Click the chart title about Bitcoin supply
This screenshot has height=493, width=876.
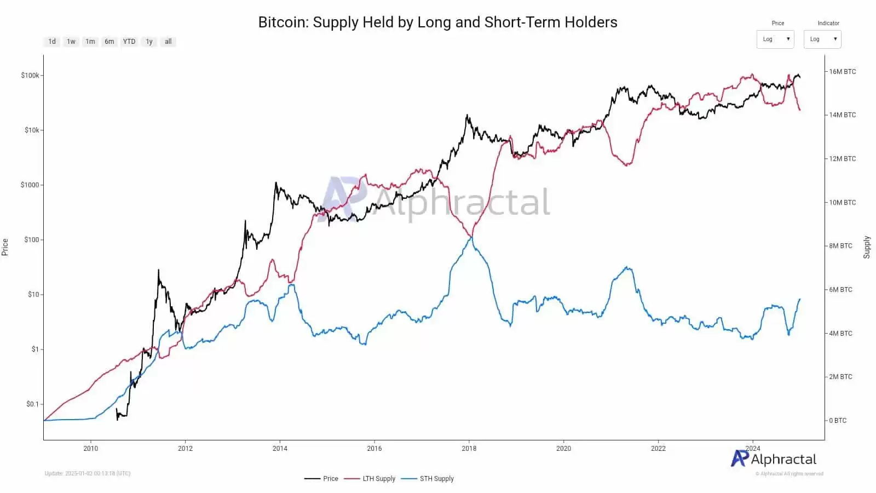pyautogui.click(x=437, y=22)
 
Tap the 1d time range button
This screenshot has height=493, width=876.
pyautogui.click(x=52, y=42)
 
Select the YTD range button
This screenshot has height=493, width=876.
pyautogui.click(x=129, y=42)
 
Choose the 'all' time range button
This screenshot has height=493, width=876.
pyautogui.click(x=168, y=42)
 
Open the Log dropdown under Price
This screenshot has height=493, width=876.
pyautogui.click(x=775, y=39)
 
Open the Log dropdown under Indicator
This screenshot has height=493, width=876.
pyautogui.click(x=822, y=39)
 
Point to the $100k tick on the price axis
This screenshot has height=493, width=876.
pyautogui.click(x=30, y=76)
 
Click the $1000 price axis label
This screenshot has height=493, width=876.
pyautogui.click(x=30, y=185)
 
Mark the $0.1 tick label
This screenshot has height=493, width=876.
pyautogui.click(x=33, y=404)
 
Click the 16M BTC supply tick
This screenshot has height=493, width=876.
pyautogui.click(x=842, y=72)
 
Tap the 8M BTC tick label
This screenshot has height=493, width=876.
pyautogui.click(x=840, y=246)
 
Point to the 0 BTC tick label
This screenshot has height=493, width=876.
pyautogui.click(x=838, y=421)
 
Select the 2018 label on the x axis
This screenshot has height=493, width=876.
pyautogui.click(x=469, y=449)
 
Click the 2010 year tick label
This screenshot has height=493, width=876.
pyautogui.click(x=91, y=449)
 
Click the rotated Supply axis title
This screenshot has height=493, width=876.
pyautogui.click(x=867, y=247)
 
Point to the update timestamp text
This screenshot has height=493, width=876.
pyautogui.click(x=88, y=473)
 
